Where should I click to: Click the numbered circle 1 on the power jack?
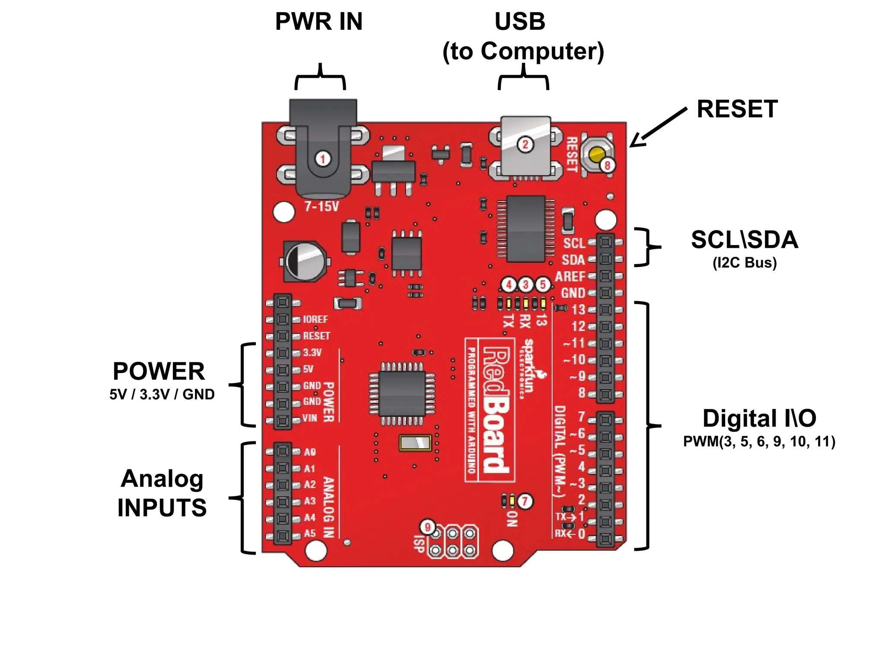coord(322,159)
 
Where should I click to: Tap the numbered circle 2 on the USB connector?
coord(525,144)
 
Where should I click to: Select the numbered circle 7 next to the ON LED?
coord(525,501)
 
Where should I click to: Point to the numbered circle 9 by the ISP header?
coord(428,527)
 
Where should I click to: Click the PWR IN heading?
coord(318,22)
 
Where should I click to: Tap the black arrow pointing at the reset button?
coord(657,128)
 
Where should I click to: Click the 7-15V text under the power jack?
coord(322,207)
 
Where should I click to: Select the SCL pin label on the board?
coord(574,243)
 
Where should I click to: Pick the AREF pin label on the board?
coord(570,276)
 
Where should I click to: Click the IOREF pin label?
coord(315,319)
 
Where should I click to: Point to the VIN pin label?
coord(309,418)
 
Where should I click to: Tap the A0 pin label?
coord(309,452)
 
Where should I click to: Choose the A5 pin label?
coord(309,533)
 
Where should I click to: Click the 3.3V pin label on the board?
coord(312,353)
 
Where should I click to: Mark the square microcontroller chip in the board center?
coord(402,393)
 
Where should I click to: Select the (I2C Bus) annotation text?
coord(744,263)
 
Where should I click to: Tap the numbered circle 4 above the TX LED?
coord(509,285)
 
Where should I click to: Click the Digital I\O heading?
coord(759,418)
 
